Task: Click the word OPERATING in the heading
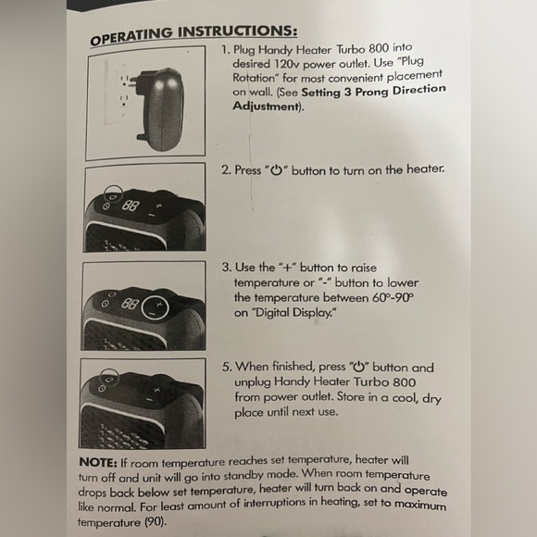(x=131, y=37)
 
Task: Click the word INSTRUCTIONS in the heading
(x=237, y=31)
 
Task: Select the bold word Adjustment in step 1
(x=266, y=106)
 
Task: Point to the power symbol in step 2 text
(x=277, y=169)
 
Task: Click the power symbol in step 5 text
(x=359, y=367)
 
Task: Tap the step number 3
(x=227, y=268)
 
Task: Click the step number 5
(x=227, y=367)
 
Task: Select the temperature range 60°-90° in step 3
(x=393, y=297)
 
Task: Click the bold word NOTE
(x=98, y=462)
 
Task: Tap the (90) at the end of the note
(x=156, y=522)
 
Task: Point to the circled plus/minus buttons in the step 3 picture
(x=156, y=307)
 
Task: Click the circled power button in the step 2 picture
(x=113, y=196)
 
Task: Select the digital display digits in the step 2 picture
(x=131, y=205)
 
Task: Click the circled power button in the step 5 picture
(x=109, y=379)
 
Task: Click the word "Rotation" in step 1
(x=254, y=78)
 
